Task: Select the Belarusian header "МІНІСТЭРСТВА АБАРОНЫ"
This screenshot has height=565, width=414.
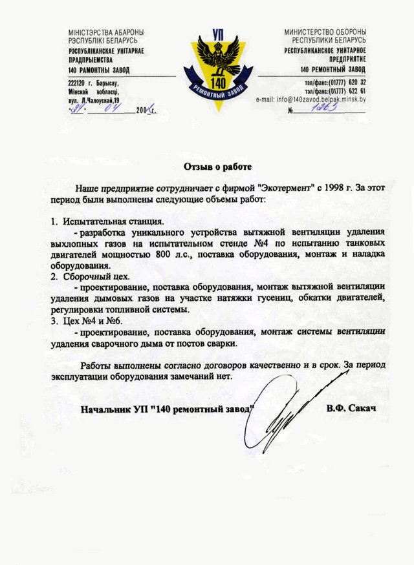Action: (x=105, y=32)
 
